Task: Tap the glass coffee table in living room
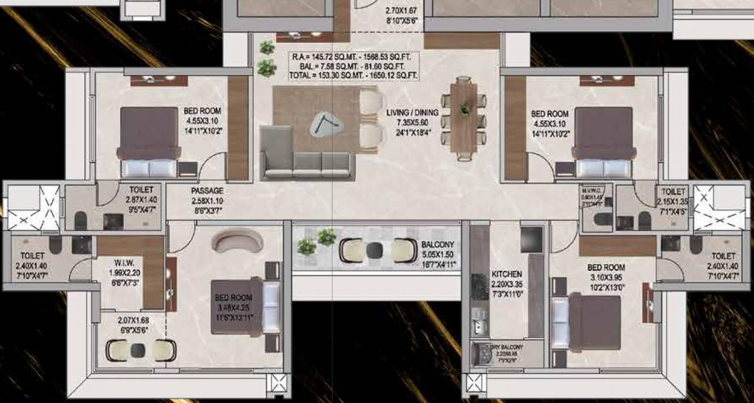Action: click(325, 125)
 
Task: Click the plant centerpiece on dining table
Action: click(465, 108)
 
